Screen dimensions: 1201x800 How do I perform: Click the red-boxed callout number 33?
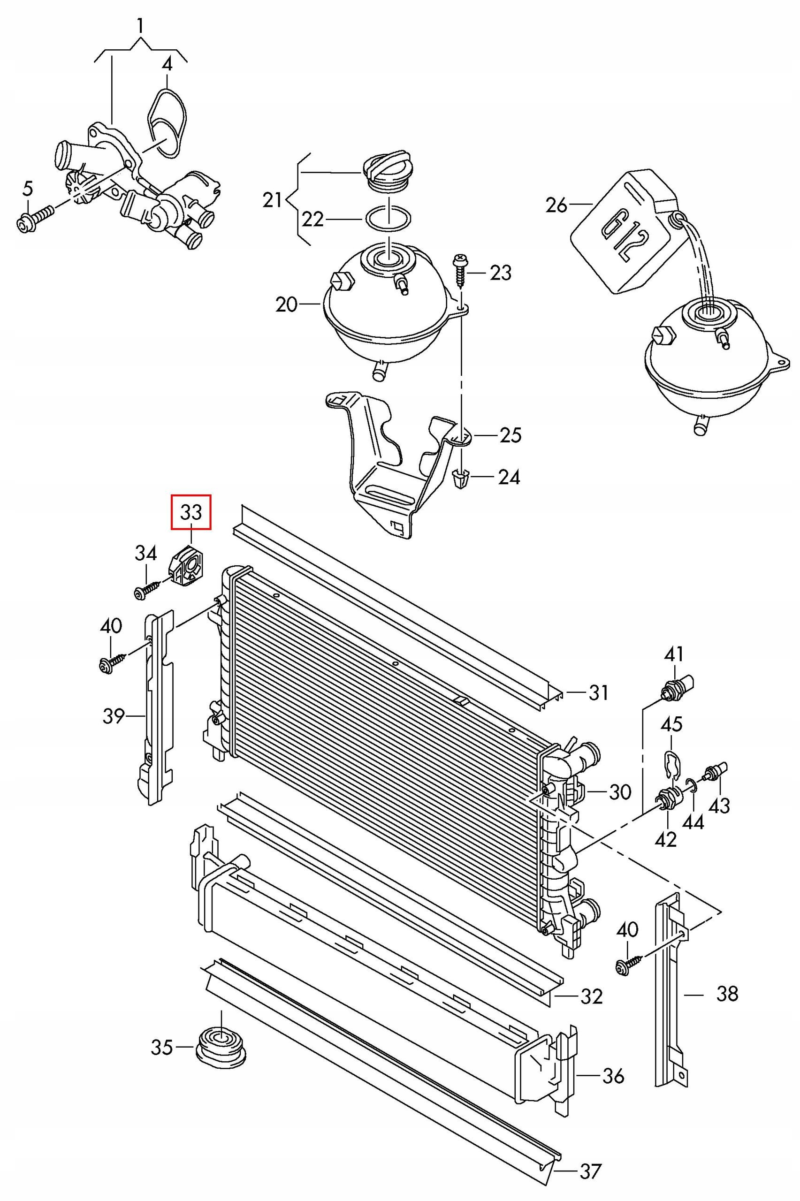point(191,512)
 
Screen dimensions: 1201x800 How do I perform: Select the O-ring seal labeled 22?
point(388,219)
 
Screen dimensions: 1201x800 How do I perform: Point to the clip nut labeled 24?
point(461,479)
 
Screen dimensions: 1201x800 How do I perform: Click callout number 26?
point(556,205)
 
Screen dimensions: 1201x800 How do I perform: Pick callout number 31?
point(598,692)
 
